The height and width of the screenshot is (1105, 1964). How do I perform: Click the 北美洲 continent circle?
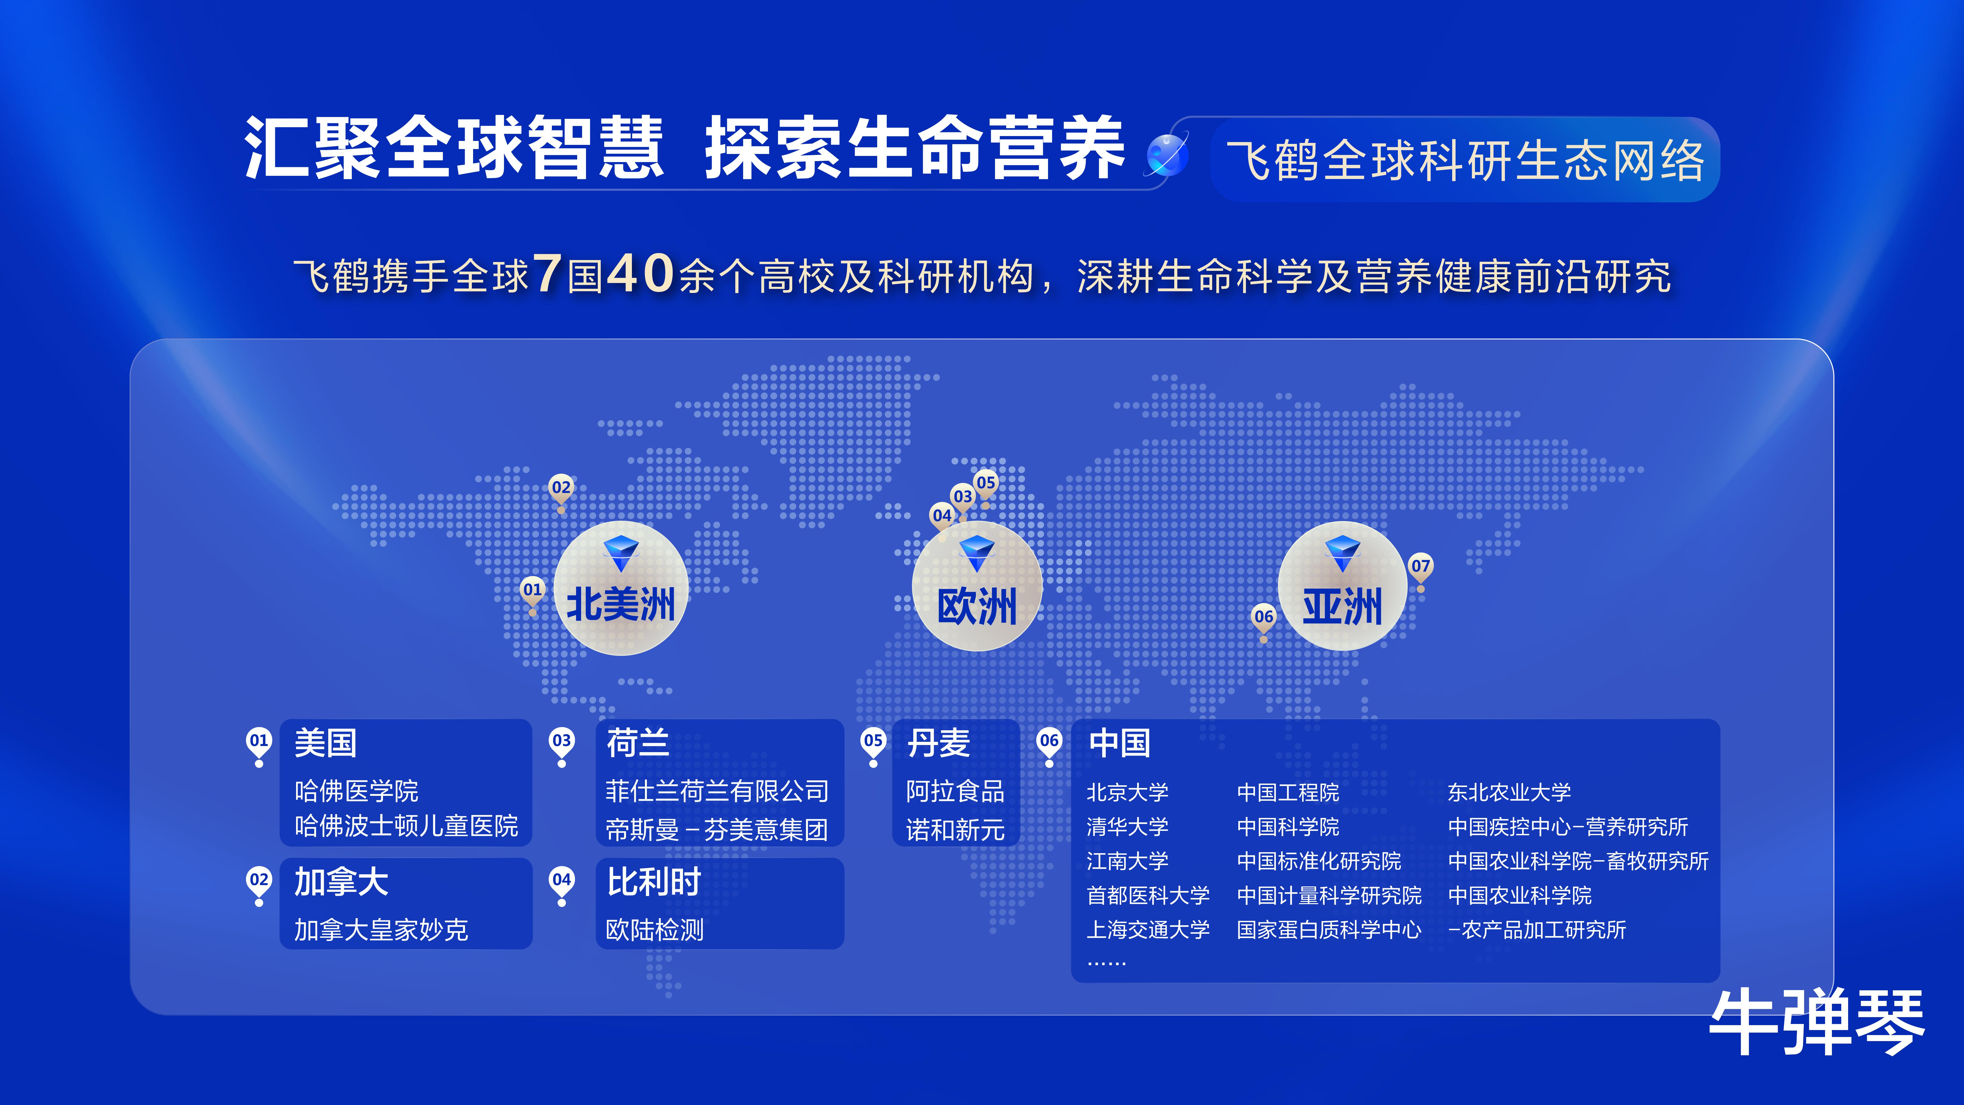pos(621,588)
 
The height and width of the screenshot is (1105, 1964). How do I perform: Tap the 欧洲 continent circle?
pos(977,586)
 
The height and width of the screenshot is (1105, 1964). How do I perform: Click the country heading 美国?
pos(326,743)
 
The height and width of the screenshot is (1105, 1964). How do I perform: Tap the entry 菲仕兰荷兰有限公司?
pos(717,791)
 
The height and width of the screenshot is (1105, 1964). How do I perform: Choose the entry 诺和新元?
pos(955,830)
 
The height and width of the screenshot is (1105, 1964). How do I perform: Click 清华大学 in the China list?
pos(1127,827)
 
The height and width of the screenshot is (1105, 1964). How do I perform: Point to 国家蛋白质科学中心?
pos(1329,930)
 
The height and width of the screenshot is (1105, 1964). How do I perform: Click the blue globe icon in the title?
pos(1167,155)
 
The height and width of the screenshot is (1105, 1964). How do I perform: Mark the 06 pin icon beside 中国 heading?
pos(1049,746)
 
